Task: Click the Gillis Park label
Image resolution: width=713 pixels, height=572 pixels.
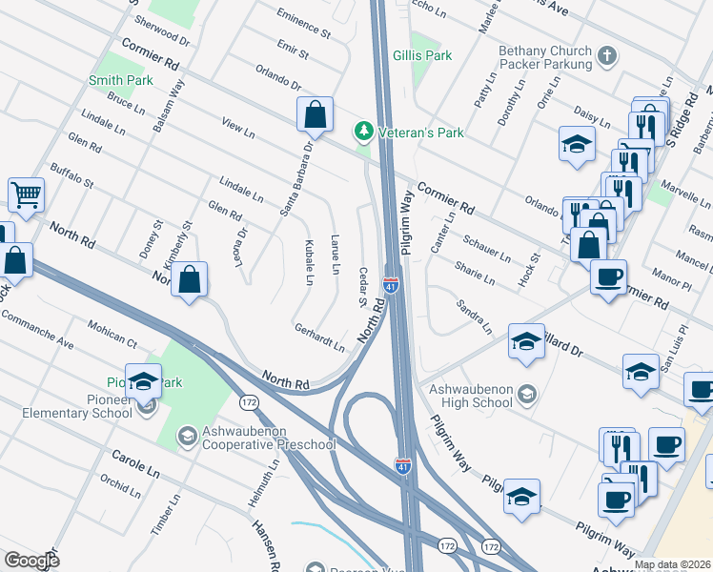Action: click(x=422, y=56)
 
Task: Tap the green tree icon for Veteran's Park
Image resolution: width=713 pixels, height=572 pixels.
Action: click(x=363, y=130)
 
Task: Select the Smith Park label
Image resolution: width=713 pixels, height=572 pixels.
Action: click(x=121, y=81)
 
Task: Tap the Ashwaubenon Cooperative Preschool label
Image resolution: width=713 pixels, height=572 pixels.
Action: click(x=269, y=444)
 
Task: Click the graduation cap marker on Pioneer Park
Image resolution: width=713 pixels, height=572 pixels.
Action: click(x=144, y=381)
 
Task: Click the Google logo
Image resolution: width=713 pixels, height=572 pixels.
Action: click(x=31, y=561)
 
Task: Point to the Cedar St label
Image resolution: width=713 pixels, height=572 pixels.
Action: click(x=362, y=286)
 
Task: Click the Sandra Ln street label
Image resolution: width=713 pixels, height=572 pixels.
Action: click(x=474, y=318)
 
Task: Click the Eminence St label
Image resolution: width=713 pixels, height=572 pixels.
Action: click(x=303, y=23)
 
